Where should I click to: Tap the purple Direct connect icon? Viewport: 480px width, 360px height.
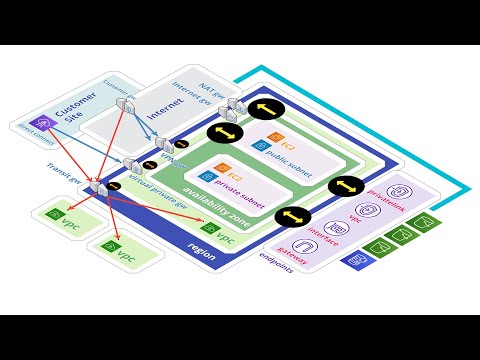click(31, 123)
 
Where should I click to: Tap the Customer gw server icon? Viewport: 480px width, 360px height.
click(121, 104)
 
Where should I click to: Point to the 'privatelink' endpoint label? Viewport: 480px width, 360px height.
click(391, 192)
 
